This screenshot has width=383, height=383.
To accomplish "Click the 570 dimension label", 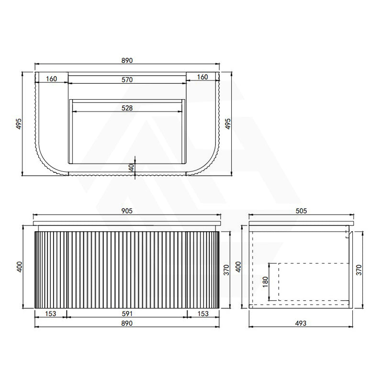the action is tap(127, 79).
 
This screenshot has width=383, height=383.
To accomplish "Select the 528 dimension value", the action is tap(127, 108).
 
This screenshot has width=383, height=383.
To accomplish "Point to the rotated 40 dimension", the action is tap(131, 168).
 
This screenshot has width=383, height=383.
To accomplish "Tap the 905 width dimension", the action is tap(127, 211).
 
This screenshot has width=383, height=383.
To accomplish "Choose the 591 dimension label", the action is tap(127, 314).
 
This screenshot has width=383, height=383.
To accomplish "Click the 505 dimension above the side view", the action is tap(301, 211).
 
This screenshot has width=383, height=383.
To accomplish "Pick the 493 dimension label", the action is tap(301, 323).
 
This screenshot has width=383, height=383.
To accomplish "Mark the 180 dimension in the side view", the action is tap(265, 282).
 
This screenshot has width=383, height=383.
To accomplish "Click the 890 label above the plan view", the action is tap(127, 60).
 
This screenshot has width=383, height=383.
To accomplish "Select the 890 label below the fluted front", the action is tap(127, 323).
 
